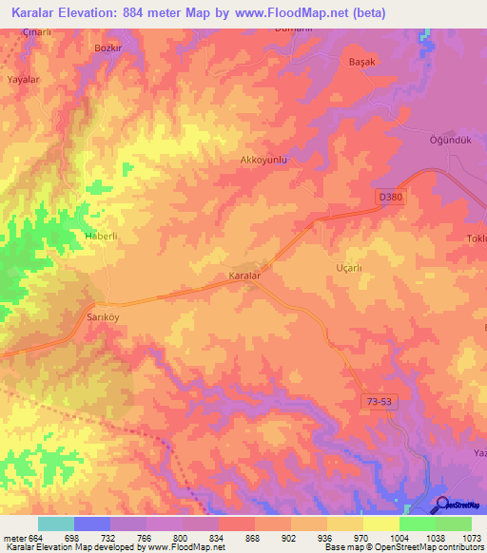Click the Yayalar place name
pos(25,80)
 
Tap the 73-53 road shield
pos(379,403)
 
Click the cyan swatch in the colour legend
pos(56,524)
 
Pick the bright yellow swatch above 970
pos(381,524)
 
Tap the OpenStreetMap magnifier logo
pos(442,505)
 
